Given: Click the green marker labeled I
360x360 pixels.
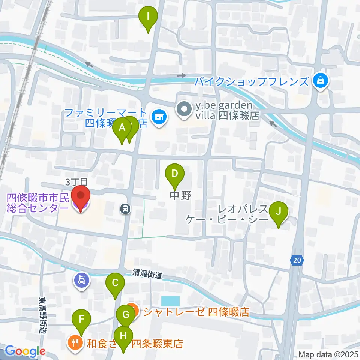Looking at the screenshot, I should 148,16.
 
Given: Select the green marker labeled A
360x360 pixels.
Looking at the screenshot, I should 122,128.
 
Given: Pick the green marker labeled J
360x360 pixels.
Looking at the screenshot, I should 278,211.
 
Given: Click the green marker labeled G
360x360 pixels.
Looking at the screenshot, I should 125,314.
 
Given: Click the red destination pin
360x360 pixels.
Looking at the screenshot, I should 81,196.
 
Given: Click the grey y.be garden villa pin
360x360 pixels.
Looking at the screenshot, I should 184,110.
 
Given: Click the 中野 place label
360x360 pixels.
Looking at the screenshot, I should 181,196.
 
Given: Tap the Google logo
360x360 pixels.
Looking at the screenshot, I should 25,351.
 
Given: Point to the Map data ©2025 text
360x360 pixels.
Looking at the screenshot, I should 328,354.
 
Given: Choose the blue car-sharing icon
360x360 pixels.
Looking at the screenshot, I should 81,279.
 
